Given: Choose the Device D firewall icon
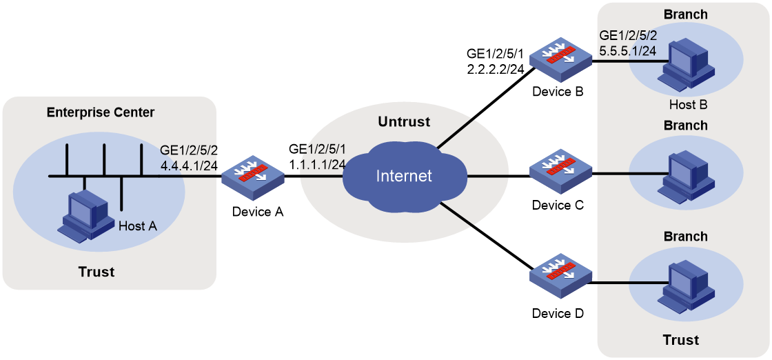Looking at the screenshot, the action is pos(560,282).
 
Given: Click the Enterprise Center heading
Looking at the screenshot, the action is pos(101,112).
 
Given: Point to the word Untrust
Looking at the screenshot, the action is pos(404,121).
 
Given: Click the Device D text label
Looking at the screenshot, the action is pos(558,312).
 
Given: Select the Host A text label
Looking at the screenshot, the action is pos(139,226).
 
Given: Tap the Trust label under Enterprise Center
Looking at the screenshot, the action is pos(97,271).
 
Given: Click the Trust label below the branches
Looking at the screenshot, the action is pos(681,340).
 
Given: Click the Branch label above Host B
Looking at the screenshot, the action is pos(685,14).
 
